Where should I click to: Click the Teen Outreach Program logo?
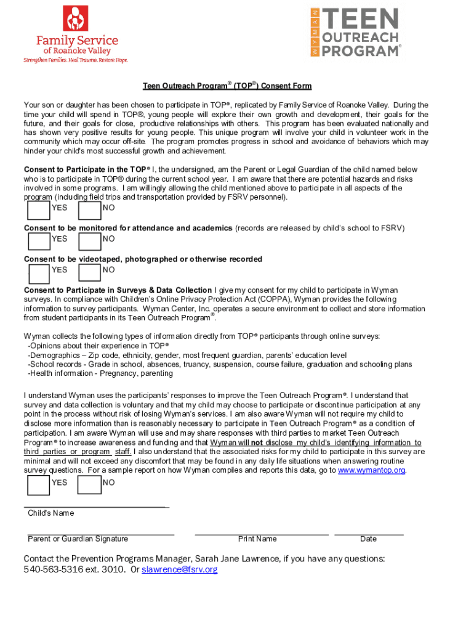(356, 33)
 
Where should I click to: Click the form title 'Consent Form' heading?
(227, 86)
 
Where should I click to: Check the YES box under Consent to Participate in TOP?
(39, 211)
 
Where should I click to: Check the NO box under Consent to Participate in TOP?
(90, 211)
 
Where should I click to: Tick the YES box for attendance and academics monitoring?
(39, 242)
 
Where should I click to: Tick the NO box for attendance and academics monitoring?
(90, 242)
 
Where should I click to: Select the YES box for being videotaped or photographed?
(39, 273)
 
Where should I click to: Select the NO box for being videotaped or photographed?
(90, 273)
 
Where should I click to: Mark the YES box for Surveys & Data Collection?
(39, 486)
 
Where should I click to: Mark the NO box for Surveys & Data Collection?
(90, 486)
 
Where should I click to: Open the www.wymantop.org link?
(372, 470)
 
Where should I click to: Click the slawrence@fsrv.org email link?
(180, 570)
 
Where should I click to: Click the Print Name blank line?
(261, 533)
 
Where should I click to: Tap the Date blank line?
(369, 533)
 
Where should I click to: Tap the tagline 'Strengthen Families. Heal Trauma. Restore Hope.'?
(76, 60)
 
